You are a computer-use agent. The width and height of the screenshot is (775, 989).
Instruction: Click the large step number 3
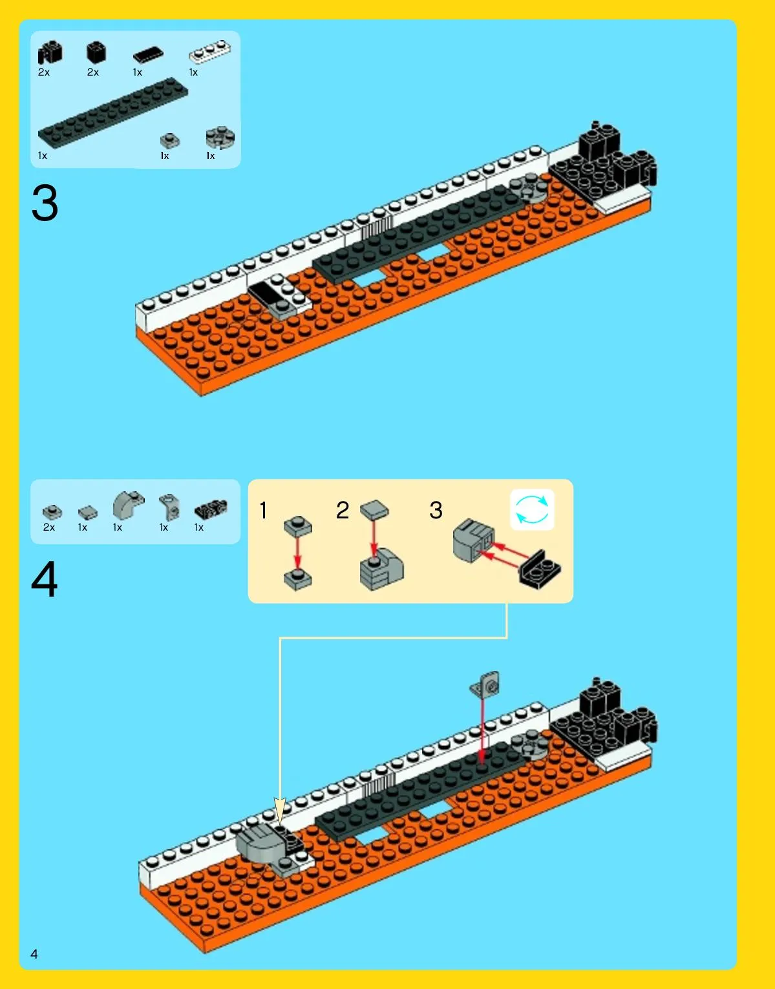pyautogui.click(x=45, y=202)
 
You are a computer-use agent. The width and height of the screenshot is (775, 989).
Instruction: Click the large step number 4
pyautogui.click(x=44, y=579)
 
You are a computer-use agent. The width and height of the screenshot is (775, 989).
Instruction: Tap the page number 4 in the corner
pyautogui.click(x=34, y=954)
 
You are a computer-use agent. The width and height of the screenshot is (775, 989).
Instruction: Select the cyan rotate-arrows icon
pyautogui.click(x=531, y=509)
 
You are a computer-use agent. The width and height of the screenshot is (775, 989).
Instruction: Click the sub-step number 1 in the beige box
pyautogui.click(x=263, y=510)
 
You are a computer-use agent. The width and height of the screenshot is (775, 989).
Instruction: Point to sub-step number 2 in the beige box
pyautogui.click(x=342, y=510)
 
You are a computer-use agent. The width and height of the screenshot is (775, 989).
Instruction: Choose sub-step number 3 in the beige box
pyautogui.click(x=436, y=510)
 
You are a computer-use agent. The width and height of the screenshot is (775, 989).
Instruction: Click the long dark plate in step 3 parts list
pyautogui.click(x=113, y=112)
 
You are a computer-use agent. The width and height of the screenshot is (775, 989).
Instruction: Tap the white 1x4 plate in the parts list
pyautogui.click(x=210, y=52)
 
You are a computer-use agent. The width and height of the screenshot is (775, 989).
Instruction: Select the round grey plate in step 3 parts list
pyautogui.click(x=220, y=138)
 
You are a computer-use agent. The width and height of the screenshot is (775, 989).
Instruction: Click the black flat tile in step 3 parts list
pyautogui.click(x=148, y=54)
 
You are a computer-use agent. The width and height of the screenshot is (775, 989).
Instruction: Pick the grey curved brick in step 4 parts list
pyautogui.click(x=129, y=504)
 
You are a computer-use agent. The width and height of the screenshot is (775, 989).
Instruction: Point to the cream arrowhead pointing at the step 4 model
pyautogui.click(x=280, y=811)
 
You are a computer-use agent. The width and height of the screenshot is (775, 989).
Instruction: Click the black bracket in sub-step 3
pyautogui.click(x=540, y=569)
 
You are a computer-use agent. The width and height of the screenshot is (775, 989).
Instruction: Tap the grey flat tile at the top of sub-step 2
pyautogui.click(x=374, y=510)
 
